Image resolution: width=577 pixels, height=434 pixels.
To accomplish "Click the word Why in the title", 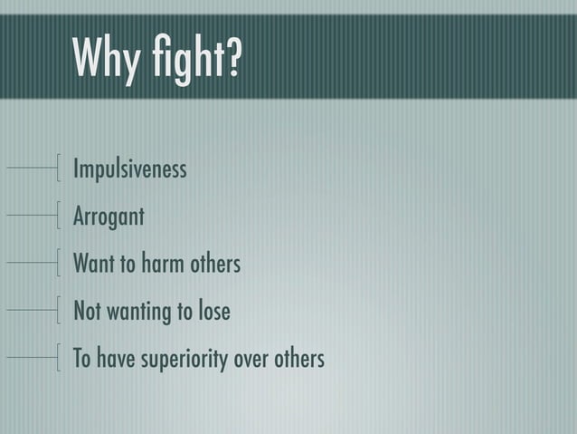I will click(x=107, y=59).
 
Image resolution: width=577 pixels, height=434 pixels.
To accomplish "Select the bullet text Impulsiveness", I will click(x=129, y=169).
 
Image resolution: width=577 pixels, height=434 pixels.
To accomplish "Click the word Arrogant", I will click(x=108, y=217).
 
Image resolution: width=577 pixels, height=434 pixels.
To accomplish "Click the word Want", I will click(x=93, y=265).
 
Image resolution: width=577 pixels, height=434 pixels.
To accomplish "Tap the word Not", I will click(x=87, y=312).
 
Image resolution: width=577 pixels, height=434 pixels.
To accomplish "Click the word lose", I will click(x=214, y=312).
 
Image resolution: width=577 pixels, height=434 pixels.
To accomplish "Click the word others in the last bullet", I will click(x=298, y=359).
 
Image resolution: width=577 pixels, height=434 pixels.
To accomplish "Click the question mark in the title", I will click(x=232, y=59).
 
